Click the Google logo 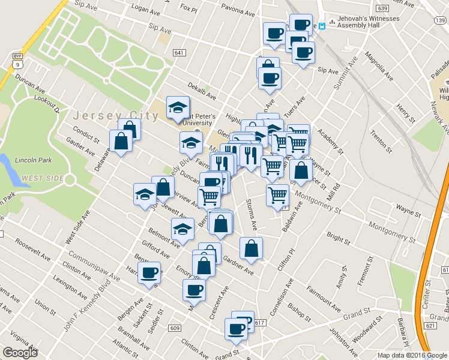20,352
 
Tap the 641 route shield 178,52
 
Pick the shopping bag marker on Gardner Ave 251,248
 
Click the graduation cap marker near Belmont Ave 182,229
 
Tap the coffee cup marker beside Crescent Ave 193,290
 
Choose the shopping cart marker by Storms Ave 277,195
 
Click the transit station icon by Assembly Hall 322,26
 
